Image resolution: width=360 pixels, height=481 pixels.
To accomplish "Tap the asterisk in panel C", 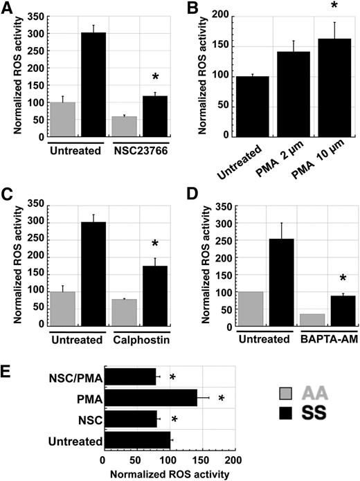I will click(x=156, y=244).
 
